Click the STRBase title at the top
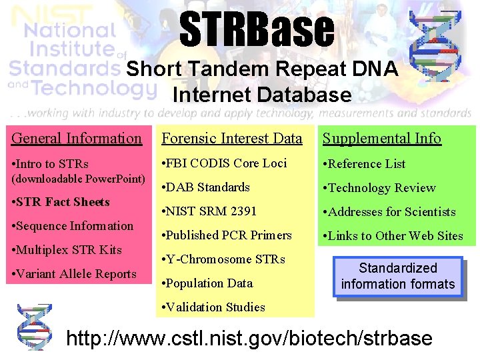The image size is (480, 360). pos(257,31)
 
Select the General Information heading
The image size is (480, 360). pos(77,139)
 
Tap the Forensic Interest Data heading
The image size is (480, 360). pos(231,139)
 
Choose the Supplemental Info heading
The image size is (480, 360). pos(381,139)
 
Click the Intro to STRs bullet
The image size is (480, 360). pos(51,164)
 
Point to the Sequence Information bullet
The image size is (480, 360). pos(73,226)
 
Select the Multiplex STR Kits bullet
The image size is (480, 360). pos(67,250)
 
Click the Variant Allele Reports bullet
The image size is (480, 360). pos(74,274)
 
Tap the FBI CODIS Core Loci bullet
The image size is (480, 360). pos(225,163)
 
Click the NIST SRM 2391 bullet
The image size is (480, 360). pos(209,211)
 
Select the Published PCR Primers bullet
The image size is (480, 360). pos(227,235)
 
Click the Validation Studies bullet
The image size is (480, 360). pos(214,307)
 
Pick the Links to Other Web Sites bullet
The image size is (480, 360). pos(393,236)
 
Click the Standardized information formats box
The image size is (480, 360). pos(397,276)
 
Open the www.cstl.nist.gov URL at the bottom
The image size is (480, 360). pos(249,338)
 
